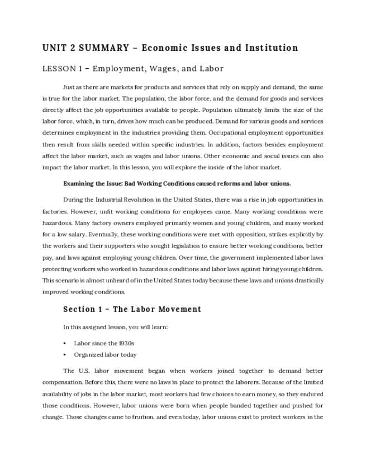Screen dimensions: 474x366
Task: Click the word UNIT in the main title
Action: (54, 48)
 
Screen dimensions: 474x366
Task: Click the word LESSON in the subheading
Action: (59, 69)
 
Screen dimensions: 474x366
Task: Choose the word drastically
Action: (303, 279)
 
